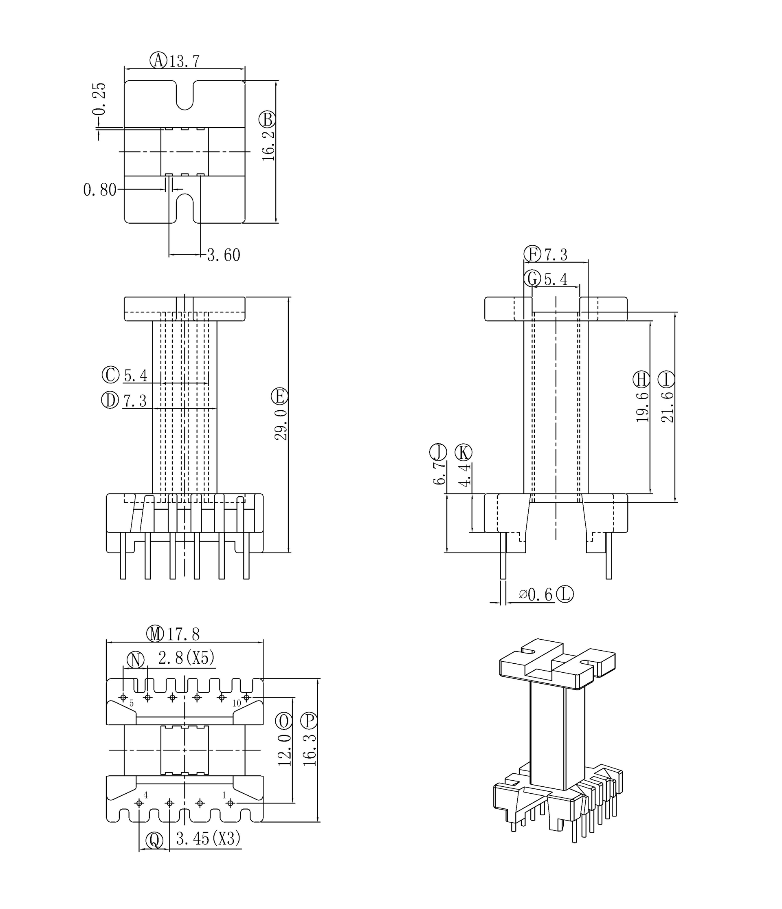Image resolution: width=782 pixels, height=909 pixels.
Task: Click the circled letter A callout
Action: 158,61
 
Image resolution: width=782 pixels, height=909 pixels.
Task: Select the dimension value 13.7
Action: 185,62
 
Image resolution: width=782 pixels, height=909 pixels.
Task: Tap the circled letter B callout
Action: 267,120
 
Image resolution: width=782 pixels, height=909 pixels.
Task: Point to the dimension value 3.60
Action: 224,255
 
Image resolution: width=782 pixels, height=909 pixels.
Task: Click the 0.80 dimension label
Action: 99,190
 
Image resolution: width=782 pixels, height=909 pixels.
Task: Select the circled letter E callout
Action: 279,396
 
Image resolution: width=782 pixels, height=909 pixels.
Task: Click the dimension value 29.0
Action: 281,425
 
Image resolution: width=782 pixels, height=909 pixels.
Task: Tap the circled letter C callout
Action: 110,375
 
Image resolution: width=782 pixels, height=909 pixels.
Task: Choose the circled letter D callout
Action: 110,400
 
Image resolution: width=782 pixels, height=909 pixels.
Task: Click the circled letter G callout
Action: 532,279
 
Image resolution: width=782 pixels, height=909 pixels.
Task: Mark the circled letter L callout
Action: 565,594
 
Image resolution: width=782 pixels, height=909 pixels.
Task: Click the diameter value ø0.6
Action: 536,595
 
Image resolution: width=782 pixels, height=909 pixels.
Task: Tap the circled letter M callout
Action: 155,634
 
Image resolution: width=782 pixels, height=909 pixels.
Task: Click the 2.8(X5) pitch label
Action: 186,658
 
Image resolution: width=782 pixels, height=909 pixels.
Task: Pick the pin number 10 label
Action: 236,704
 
